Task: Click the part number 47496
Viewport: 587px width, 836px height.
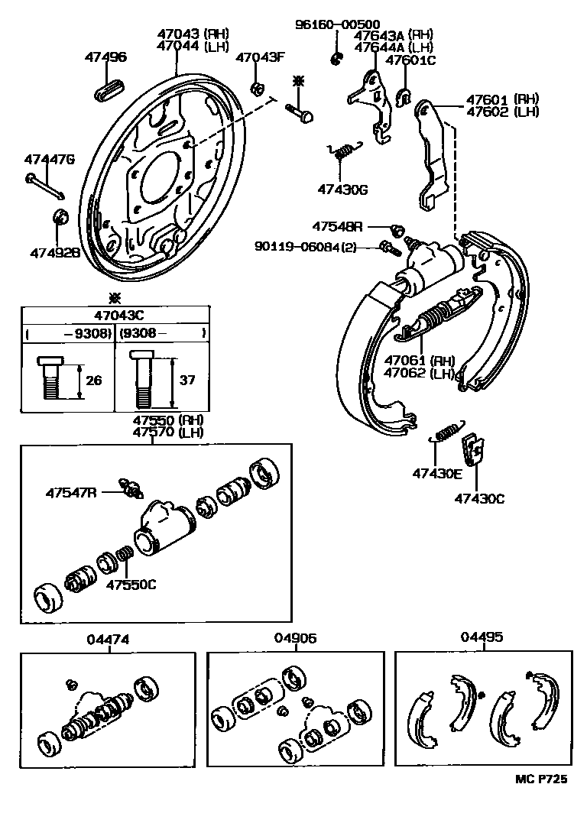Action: pyautogui.click(x=105, y=57)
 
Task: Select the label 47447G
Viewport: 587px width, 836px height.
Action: pyautogui.click(x=49, y=160)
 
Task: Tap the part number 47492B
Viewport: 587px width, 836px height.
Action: pyautogui.click(x=55, y=252)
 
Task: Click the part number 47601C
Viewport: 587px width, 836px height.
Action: pyautogui.click(x=410, y=60)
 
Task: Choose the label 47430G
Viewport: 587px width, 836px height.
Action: pyautogui.click(x=342, y=190)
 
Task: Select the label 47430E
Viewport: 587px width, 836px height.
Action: pyautogui.click(x=437, y=473)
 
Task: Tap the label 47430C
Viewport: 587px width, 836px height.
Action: pyautogui.click(x=479, y=498)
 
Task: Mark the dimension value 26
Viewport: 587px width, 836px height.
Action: pyautogui.click(x=93, y=381)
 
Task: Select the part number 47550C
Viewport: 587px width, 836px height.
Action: pyautogui.click(x=131, y=585)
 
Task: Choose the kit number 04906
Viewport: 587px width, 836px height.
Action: pyautogui.click(x=295, y=638)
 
